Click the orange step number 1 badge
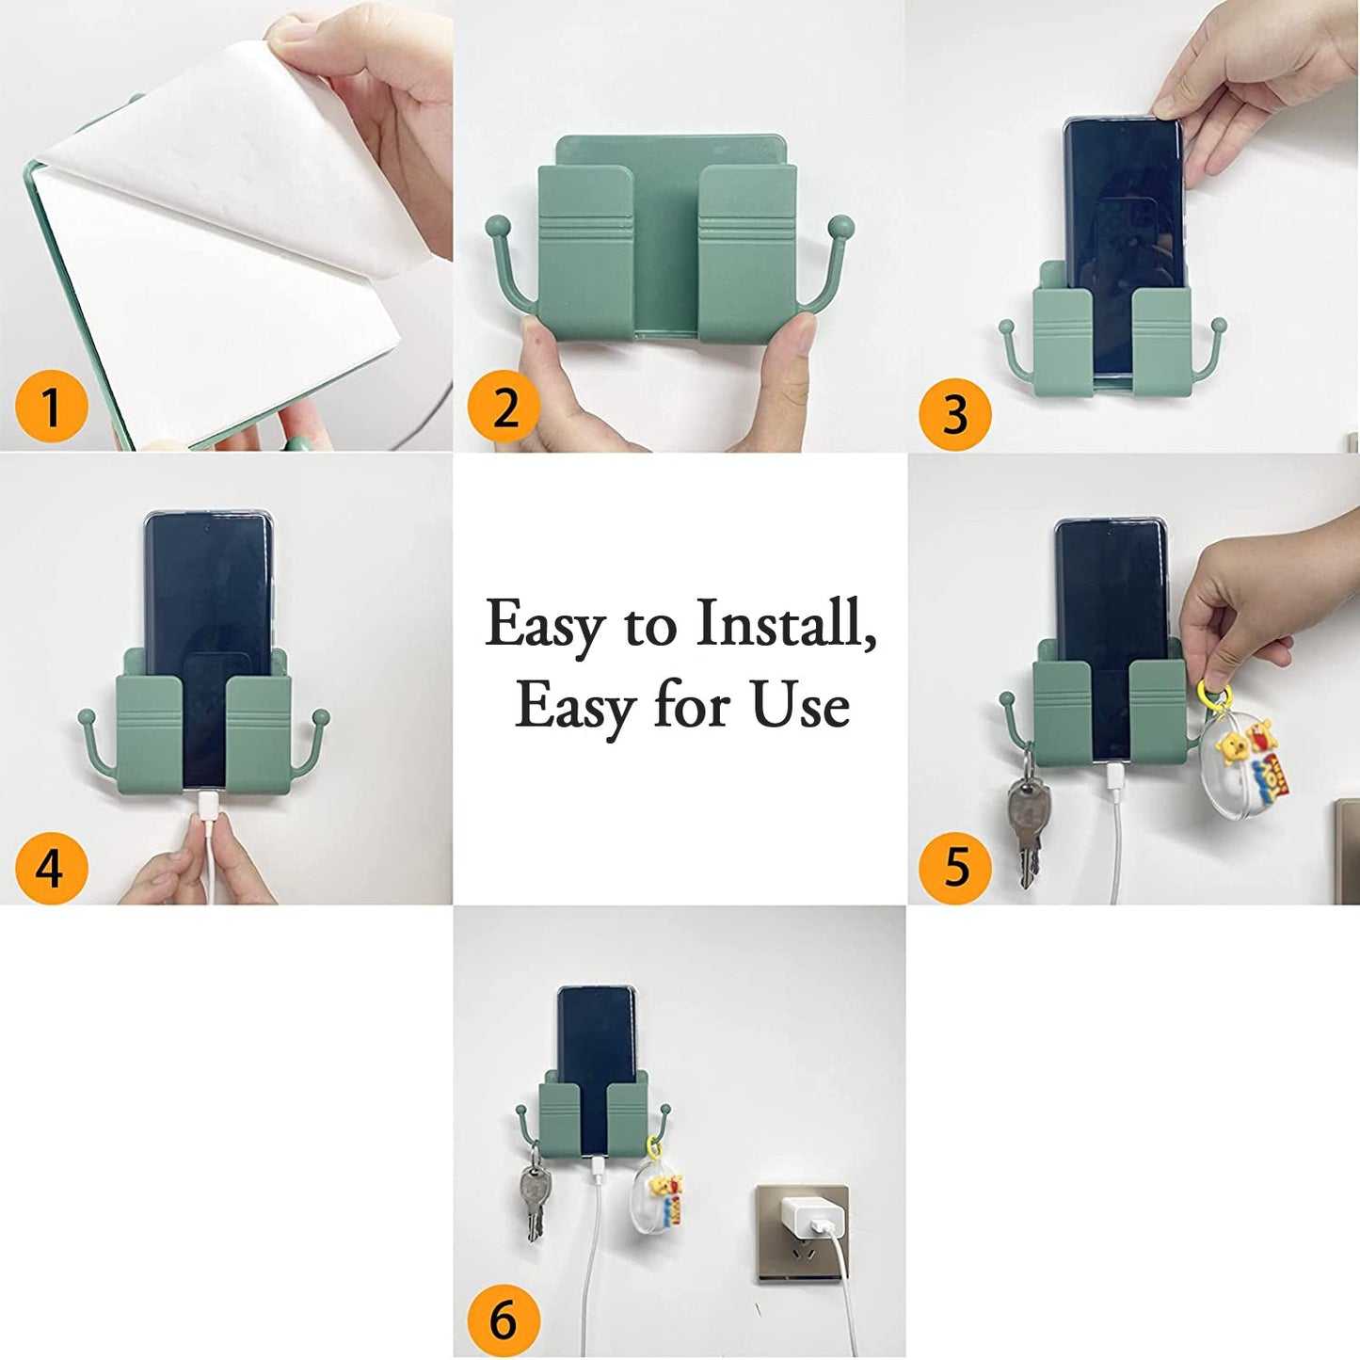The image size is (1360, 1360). (x=51, y=408)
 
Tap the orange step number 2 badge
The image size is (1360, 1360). (x=504, y=408)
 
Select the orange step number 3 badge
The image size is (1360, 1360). (x=954, y=414)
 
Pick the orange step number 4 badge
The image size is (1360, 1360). (x=51, y=868)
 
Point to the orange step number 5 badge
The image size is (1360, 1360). (x=954, y=867)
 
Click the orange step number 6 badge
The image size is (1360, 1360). (x=504, y=1320)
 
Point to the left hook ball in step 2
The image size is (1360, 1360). (x=498, y=227)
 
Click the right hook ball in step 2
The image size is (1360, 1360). (x=840, y=227)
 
